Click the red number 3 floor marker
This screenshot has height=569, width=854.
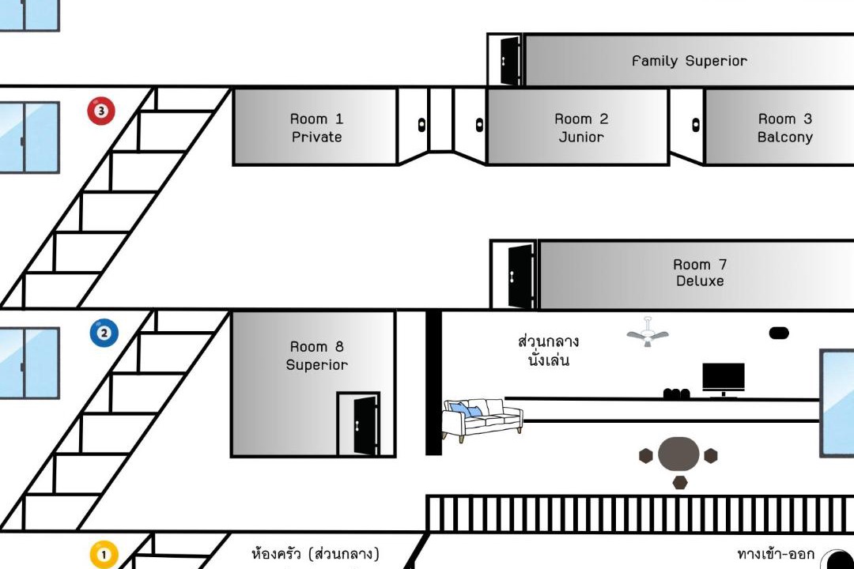(x=101, y=111)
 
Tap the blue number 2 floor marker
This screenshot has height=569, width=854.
(x=104, y=333)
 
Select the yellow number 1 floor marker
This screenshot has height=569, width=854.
(x=104, y=555)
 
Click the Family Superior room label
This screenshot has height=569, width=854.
(x=690, y=61)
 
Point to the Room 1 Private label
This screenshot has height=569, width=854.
(x=316, y=128)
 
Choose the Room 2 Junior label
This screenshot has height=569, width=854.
(x=581, y=128)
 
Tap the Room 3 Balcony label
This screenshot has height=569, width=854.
(x=785, y=128)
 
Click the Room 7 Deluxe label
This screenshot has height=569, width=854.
(x=700, y=273)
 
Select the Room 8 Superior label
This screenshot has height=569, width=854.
(x=316, y=356)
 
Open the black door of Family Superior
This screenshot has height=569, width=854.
(x=509, y=61)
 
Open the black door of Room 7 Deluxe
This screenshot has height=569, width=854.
(x=520, y=277)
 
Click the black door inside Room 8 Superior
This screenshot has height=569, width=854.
(x=365, y=426)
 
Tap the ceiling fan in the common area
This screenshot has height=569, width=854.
(x=648, y=333)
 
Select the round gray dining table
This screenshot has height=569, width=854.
(x=678, y=454)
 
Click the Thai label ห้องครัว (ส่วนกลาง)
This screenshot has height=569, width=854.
(x=316, y=555)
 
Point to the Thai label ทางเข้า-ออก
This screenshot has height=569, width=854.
(x=776, y=555)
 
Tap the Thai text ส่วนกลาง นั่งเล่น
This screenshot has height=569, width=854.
(x=548, y=351)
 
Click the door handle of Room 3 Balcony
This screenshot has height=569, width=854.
(x=696, y=125)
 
